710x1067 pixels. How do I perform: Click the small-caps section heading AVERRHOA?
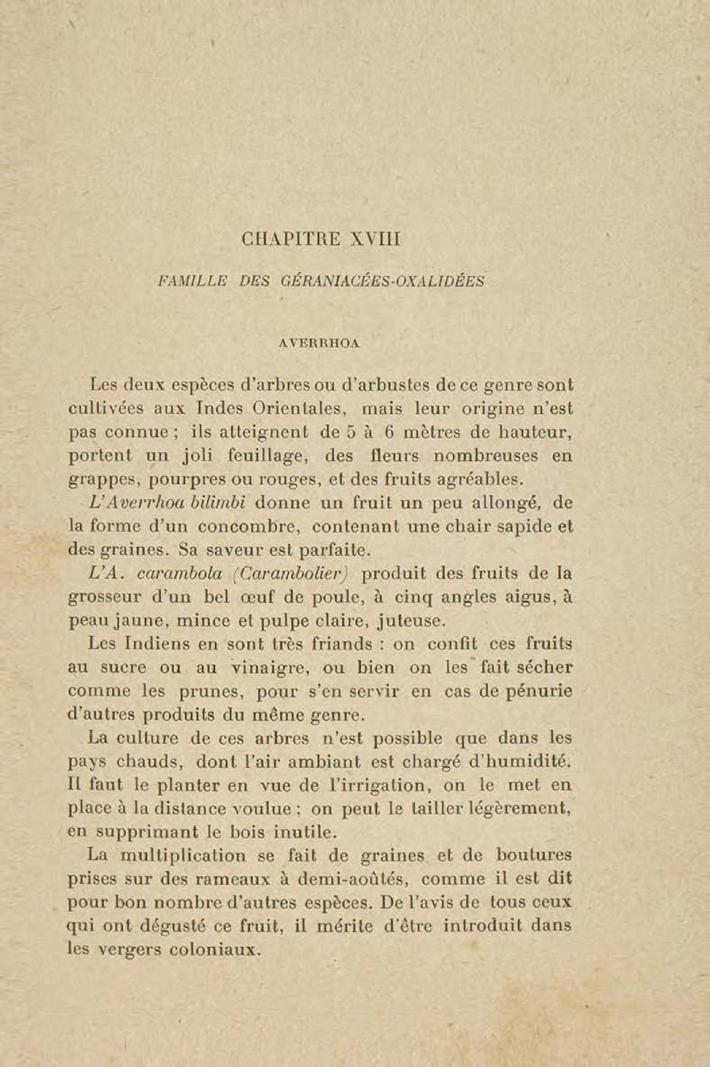(325, 343)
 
